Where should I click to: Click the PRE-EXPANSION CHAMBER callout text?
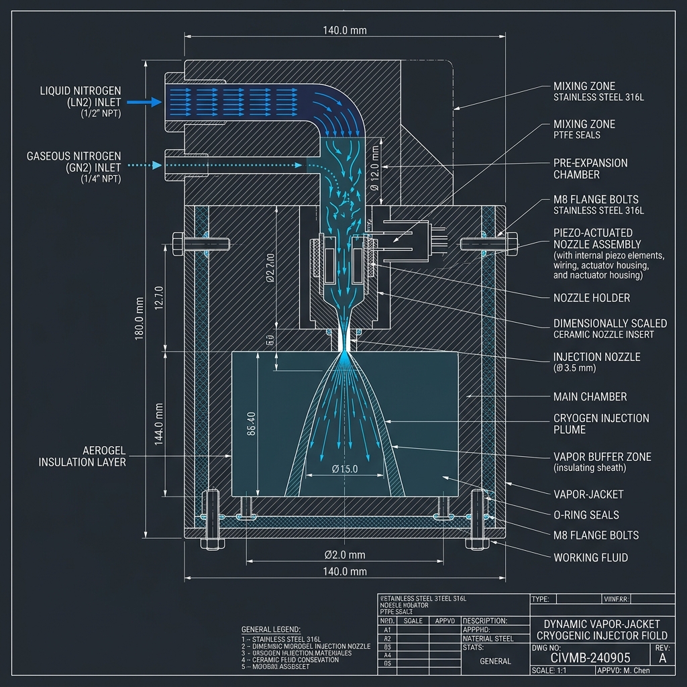click(x=590, y=168)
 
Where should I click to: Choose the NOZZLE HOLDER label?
click(x=591, y=297)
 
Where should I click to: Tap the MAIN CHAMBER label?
click(x=590, y=397)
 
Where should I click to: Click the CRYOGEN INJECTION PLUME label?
click(x=600, y=423)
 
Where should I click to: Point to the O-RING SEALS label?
click(x=586, y=515)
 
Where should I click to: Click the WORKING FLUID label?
click(x=590, y=557)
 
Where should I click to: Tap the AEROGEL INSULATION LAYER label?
click(x=82, y=456)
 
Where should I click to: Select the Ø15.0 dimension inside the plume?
click(x=345, y=469)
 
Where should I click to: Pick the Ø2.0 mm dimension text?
click(x=344, y=555)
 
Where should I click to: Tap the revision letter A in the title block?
click(x=663, y=658)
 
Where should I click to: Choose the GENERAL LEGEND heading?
click(x=272, y=629)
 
